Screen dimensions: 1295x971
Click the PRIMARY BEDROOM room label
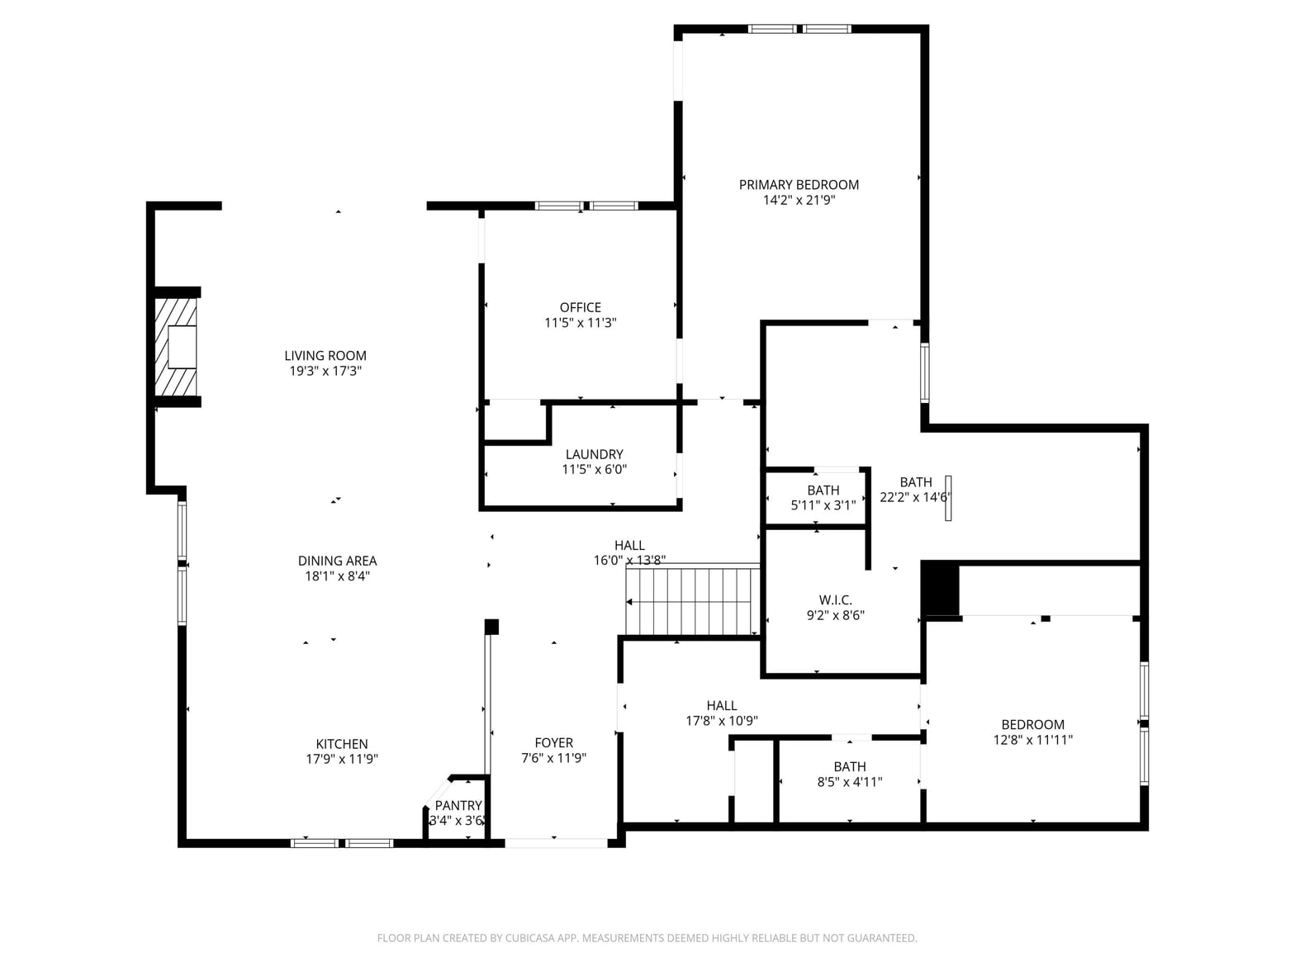[799, 184]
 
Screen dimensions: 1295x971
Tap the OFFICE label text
[581, 307]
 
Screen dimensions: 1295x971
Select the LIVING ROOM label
[325, 356]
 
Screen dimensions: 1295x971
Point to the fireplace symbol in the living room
[175, 348]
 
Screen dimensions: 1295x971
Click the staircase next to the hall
[693, 599]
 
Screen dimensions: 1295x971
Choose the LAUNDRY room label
[594, 454]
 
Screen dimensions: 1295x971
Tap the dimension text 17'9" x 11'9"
[342, 759]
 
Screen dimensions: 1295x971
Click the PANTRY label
[458, 805]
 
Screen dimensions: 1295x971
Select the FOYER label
[554, 743]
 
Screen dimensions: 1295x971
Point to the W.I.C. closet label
[836, 600]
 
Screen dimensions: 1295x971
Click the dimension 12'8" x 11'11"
[1032, 740]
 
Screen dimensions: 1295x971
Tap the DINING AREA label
[337, 561]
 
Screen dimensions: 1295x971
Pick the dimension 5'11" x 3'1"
[823, 505]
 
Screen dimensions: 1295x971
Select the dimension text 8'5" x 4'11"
[850, 782]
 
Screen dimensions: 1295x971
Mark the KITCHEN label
[342, 744]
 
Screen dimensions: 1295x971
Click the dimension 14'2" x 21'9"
[799, 200]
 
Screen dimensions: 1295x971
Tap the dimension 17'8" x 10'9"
[722, 721]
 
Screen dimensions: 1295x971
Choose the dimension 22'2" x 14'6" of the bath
[915, 497]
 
